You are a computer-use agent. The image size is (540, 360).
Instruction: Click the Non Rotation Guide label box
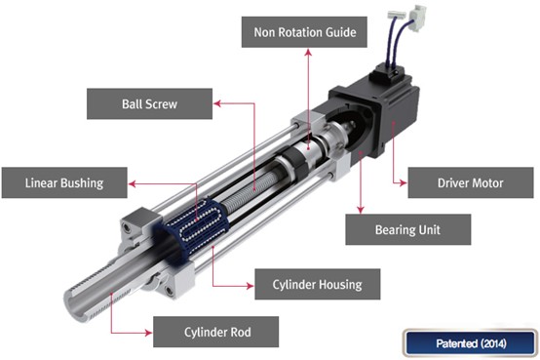[304, 32]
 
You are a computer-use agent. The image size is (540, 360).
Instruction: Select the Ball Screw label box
[149, 103]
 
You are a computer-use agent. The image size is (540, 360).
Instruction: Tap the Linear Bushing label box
[64, 182]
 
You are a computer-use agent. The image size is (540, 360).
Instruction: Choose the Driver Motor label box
[471, 182]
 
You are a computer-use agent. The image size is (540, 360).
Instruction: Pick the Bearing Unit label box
[408, 229]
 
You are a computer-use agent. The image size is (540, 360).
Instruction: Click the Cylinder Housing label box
[318, 285]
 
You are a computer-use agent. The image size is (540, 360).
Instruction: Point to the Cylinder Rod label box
[216, 332]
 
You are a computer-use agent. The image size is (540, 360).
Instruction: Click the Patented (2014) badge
[471, 343]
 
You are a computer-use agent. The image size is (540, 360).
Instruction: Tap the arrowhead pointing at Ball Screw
[217, 103]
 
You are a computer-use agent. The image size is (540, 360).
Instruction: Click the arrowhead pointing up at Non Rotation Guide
[308, 53]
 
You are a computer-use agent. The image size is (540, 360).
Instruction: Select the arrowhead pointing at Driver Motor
[403, 182]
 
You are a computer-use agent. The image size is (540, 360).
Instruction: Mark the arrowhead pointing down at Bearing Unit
[361, 210]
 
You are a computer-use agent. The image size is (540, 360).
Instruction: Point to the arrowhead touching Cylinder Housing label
[250, 286]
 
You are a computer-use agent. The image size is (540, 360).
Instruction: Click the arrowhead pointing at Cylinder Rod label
[148, 333]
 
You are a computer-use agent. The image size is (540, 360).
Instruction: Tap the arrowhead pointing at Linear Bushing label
[133, 183]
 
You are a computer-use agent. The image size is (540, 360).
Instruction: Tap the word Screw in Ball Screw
[164, 103]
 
